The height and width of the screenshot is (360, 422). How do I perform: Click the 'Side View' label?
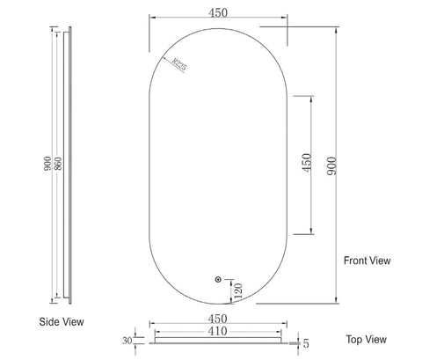(x=62, y=322)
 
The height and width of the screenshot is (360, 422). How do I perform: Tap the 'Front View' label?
(x=367, y=261)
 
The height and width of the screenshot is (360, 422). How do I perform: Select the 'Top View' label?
(x=367, y=340)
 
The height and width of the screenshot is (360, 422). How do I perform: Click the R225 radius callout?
(x=179, y=65)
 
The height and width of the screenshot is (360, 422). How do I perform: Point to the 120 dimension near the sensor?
(x=238, y=290)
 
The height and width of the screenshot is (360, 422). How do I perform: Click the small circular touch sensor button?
(x=218, y=279)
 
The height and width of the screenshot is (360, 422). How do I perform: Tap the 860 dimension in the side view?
(x=58, y=164)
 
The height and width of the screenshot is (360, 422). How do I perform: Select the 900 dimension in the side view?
(x=47, y=164)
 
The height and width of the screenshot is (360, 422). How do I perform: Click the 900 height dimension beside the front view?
(x=331, y=166)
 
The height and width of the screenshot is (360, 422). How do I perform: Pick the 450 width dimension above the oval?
(x=218, y=12)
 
